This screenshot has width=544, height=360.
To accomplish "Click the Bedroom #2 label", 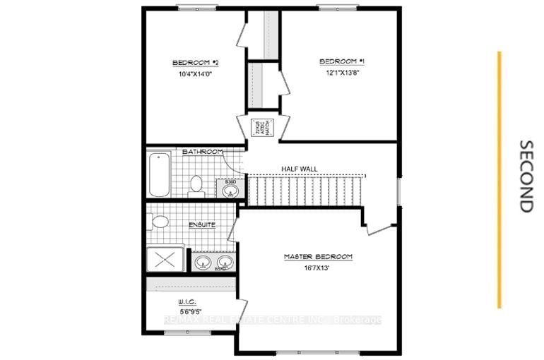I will (192, 63).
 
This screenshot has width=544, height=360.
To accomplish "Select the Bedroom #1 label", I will (339, 61).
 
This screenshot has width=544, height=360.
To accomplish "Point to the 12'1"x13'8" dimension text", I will (339, 72).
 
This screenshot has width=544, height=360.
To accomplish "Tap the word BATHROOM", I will (203, 152).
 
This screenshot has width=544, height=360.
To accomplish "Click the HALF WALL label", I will (300, 169).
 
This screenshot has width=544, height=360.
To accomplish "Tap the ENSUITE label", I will (202, 225).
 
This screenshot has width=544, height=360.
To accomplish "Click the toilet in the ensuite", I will (160, 222).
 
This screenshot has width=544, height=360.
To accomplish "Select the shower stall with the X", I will (167, 259).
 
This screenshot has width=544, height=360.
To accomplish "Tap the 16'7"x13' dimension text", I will (317, 267).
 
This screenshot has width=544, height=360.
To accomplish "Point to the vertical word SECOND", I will (526, 176).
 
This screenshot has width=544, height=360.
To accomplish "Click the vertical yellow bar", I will (499, 180).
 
